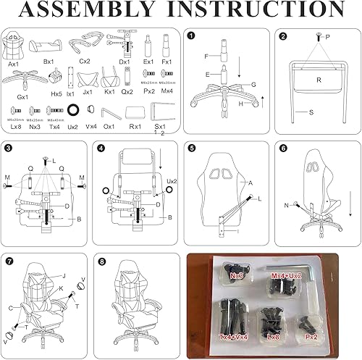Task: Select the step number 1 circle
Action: coord(190,35)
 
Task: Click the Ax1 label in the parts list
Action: coord(14,64)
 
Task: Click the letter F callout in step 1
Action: coord(205,56)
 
